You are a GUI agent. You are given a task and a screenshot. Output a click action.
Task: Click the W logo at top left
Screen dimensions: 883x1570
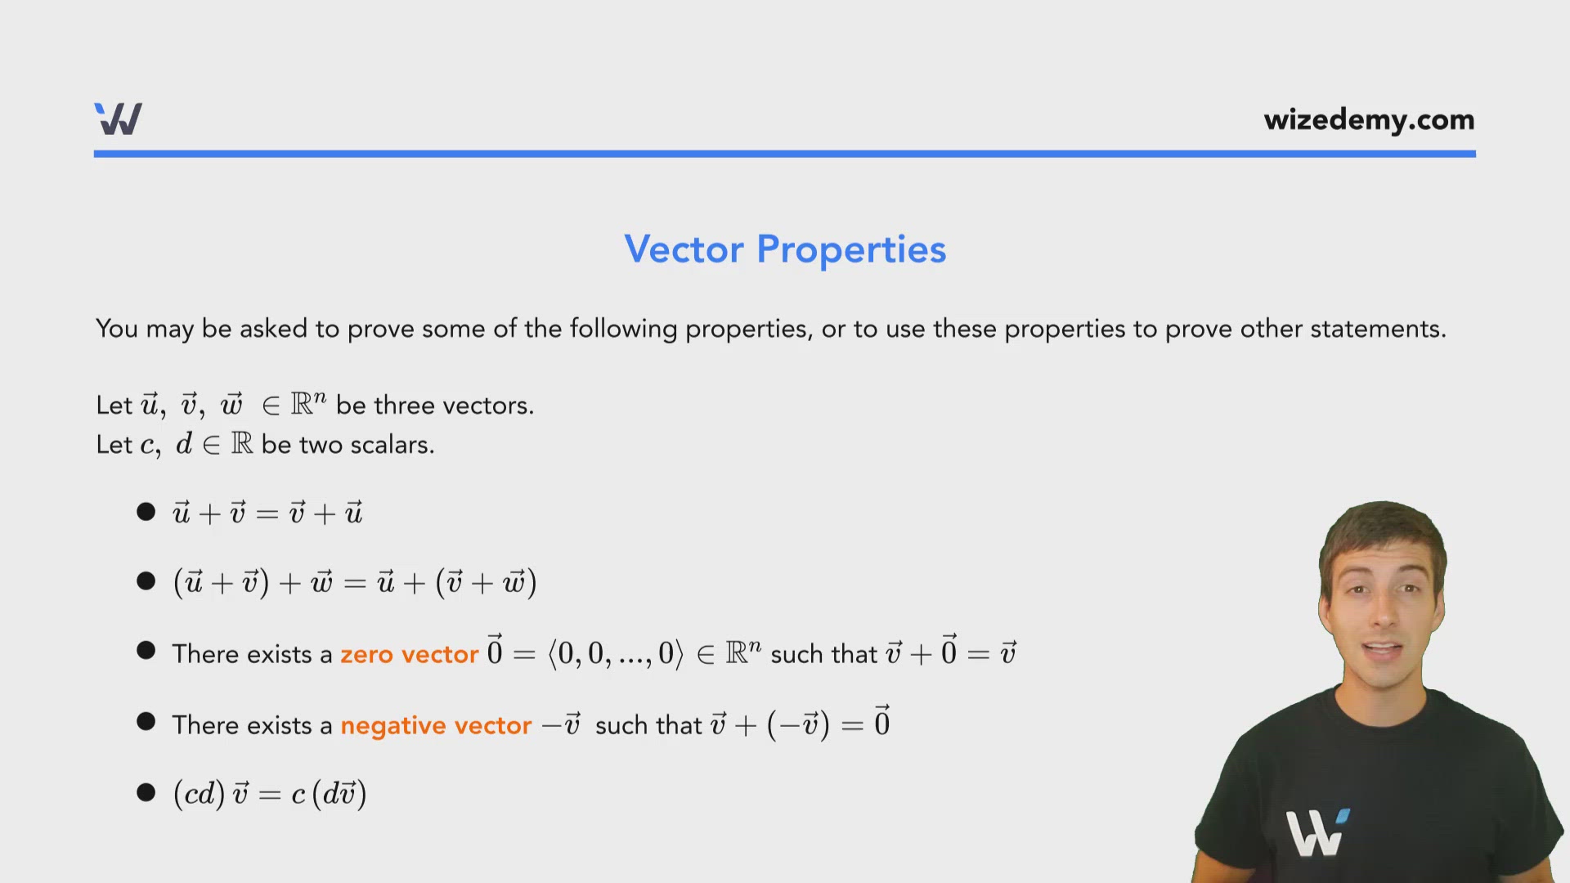point(119,119)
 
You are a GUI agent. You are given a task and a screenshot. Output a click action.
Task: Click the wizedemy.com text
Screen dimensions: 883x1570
point(1369,120)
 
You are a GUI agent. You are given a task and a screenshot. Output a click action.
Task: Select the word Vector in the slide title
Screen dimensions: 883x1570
point(684,249)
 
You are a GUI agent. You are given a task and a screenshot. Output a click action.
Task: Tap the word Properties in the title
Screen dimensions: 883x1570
point(851,250)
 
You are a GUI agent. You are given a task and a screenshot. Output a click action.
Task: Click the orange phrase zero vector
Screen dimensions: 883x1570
point(409,654)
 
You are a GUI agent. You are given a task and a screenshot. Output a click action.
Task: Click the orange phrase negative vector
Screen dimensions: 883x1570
point(436,725)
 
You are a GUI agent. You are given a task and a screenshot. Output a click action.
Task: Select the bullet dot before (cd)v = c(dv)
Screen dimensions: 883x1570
point(146,793)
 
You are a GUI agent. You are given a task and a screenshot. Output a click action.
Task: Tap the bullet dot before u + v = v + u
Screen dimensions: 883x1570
point(146,513)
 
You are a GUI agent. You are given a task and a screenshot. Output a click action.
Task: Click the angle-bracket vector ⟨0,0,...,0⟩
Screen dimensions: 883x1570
point(615,653)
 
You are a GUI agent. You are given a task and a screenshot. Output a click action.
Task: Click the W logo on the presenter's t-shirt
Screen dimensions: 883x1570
point(1316,832)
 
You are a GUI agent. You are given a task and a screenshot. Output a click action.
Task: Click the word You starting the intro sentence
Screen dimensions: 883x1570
point(116,329)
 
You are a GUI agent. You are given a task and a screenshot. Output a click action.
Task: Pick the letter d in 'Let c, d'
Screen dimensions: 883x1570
point(184,444)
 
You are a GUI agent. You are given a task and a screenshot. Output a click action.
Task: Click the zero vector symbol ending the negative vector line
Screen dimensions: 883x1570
point(881,722)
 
